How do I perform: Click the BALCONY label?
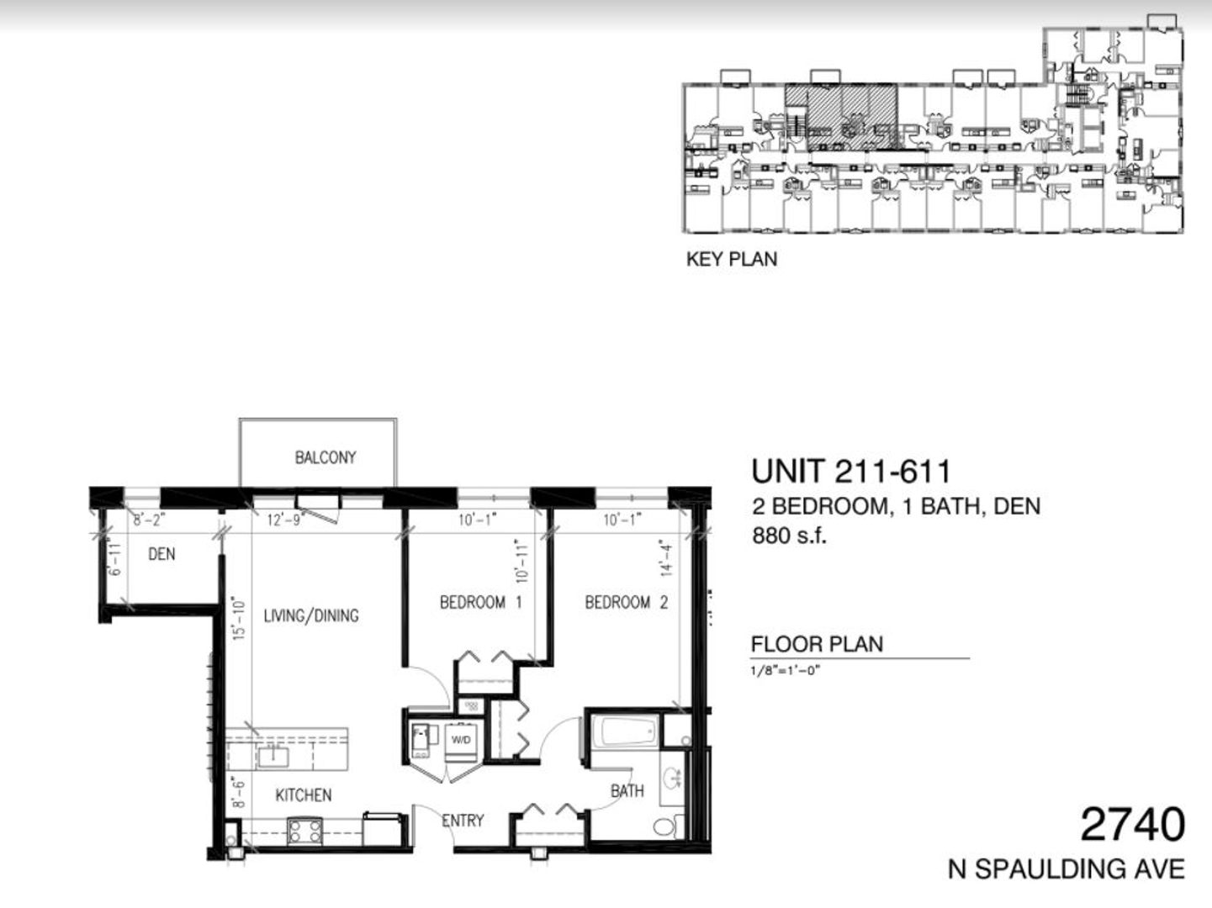pyautogui.click(x=325, y=457)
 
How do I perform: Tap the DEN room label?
pyautogui.click(x=161, y=554)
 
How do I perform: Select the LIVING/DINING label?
pyautogui.click(x=311, y=615)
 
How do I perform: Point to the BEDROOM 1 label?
pyautogui.click(x=480, y=602)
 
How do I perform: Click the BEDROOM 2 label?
pyautogui.click(x=626, y=602)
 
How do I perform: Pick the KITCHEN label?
pyautogui.click(x=303, y=794)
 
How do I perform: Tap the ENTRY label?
pyautogui.click(x=463, y=821)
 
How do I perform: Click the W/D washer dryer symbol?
pyautogui.click(x=461, y=740)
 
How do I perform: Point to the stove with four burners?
pyautogui.click(x=304, y=831)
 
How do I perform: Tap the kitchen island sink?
pyautogui.click(x=273, y=757)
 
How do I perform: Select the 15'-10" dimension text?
pyautogui.click(x=238, y=618)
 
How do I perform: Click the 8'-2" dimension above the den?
pyautogui.click(x=149, y=520)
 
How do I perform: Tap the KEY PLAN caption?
pyautogui.click(x=732, y=259)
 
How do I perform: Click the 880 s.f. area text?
pyautogui.click(x=789, y=536)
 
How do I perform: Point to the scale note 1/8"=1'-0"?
pyautogui.click(x=786, y=671)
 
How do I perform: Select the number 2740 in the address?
pyautogui.click(x=1132, y=825)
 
